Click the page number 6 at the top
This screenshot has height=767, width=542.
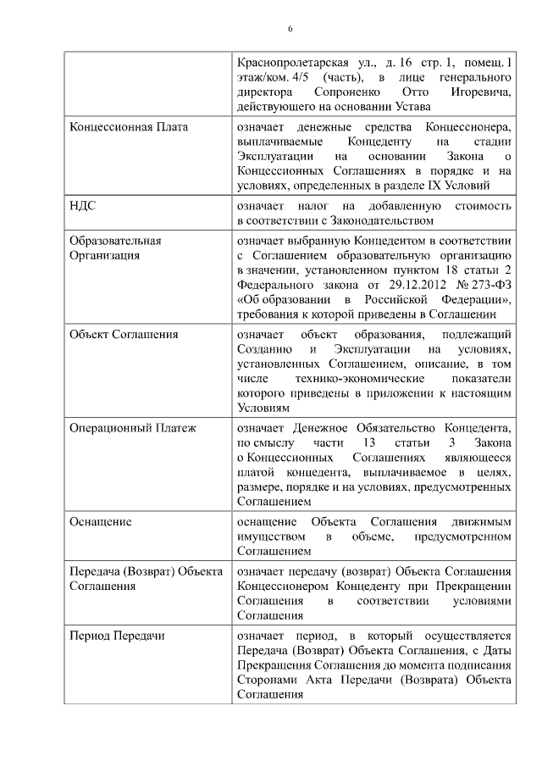[x=290, y=29]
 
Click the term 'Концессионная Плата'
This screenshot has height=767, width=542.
[x=128, y=127]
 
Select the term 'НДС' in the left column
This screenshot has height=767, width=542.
[x=82, y=206]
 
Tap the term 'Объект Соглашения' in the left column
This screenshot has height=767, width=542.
[x=123, y=334]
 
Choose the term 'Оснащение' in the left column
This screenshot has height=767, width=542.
[x=100, y=521]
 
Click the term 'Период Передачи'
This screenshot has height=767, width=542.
[x=117, y=635]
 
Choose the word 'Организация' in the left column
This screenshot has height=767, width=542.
[x=104, y=255]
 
